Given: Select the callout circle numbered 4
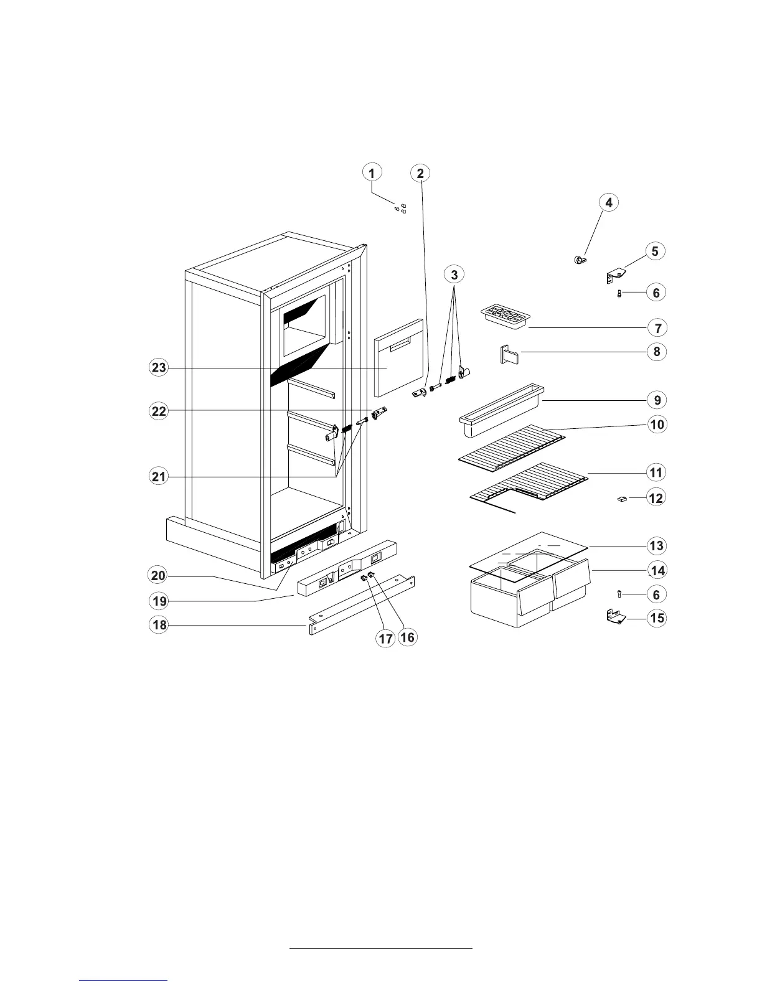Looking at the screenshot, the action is click(x=609, y=202).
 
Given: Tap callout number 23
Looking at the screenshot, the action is click(x=159, y=367).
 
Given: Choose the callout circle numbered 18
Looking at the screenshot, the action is click(x=159, y=624).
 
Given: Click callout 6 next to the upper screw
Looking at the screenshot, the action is click(x=656, y=292).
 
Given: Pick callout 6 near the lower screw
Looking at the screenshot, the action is click(x=656, y=594).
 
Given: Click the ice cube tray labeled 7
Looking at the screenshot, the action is click(x=504, y=316).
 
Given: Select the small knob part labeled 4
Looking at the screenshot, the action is click(x=580, y=260).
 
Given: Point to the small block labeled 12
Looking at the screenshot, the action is click(x=621, y=499).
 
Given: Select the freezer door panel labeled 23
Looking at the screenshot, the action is click(x=398, y=358).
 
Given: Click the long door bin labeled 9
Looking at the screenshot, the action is click(x=501, y=408).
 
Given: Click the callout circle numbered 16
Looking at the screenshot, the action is click(x=407, y=637).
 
